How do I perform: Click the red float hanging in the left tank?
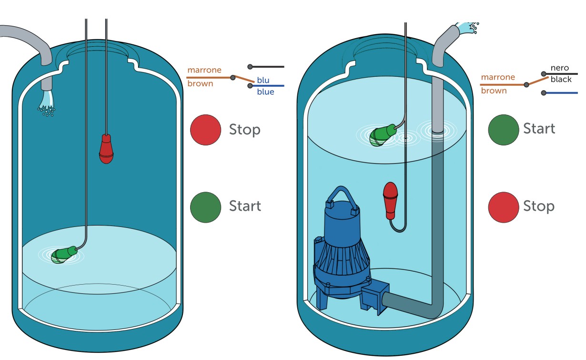pyautogui.click(x=106, y=149)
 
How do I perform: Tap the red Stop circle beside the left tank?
pyautogui.click(x=205, y=129)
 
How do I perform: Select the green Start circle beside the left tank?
pyautogui.click(x=205, y=206)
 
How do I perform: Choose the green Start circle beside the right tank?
pyautogui.click(x=504, y=129)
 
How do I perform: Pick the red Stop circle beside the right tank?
pyautogui.click(x=504, y=206)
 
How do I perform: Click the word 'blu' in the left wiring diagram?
pyautogui.click(x=263, y=80)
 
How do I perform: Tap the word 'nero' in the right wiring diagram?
pyautogui.click(x=560, y=68)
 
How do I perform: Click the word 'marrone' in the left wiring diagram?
pyautogui.click(x=204, y=70)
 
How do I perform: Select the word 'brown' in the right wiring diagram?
pyautogui.click(x=494, y=91)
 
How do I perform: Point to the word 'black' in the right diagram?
pyautogui.click(x=561, y=79)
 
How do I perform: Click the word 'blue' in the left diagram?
pyautogui.click(x=265, y=92)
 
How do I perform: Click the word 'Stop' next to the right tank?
pyautogui.click(x=539, y=206)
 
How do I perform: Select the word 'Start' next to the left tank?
pyautogui.click(x=245, y=206)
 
